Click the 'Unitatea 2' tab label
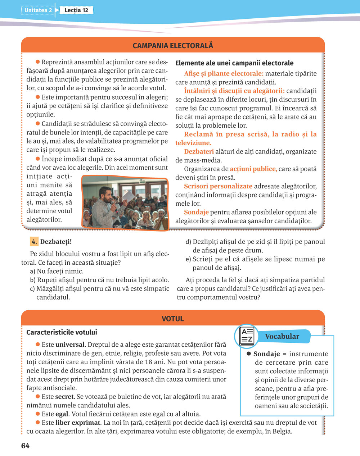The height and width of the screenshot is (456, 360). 38,10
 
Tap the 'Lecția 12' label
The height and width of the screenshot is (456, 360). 76,10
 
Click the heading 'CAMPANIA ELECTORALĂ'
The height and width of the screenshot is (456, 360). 173,46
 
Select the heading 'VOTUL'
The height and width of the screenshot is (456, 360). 173,319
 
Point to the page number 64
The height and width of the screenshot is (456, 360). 25,446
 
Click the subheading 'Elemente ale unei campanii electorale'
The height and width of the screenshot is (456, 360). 234,63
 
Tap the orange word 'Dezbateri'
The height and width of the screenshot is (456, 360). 199,152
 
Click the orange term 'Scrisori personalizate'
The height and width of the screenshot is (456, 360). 218,186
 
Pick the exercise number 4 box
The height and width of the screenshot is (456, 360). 34,242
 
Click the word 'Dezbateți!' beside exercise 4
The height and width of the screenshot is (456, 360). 53,242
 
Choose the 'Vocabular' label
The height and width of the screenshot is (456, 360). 282,337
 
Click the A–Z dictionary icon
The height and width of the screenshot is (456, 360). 247,336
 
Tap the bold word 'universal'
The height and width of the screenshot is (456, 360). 70,345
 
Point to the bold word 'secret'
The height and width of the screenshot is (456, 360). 64,397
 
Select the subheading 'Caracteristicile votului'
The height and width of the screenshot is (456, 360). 62,332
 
